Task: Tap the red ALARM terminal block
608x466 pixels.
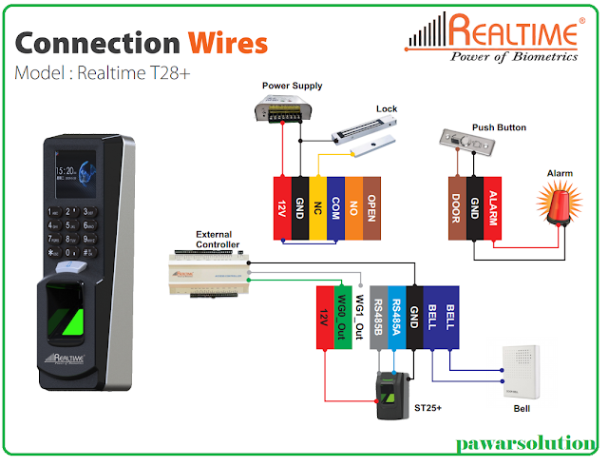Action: pyautogui.click(x=493, y=205)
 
